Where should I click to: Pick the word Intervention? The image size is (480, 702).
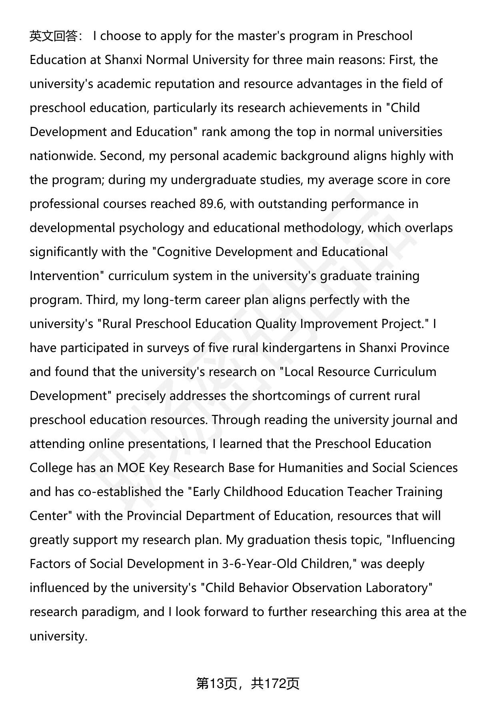[x=64, y=276]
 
